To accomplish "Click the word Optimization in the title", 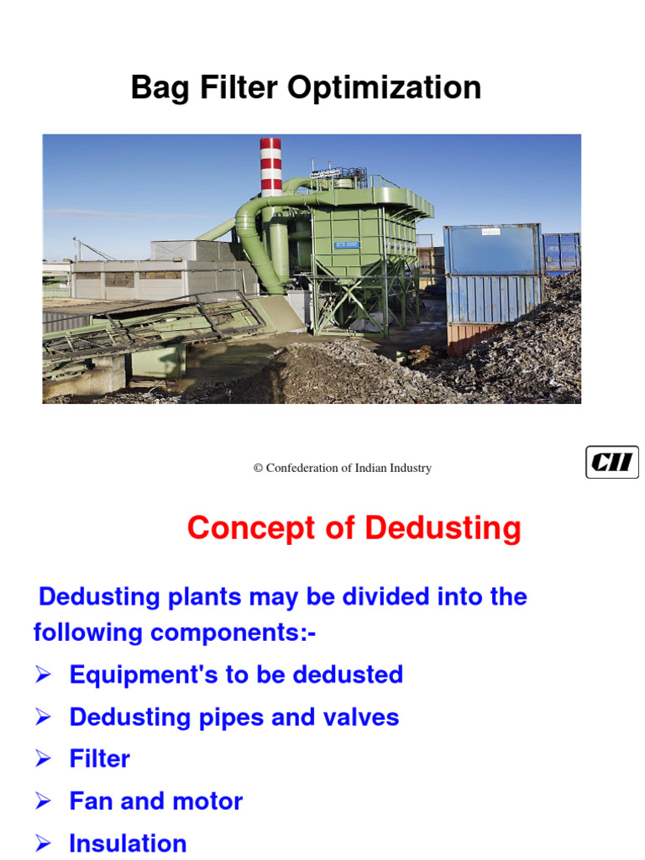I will (398, 88).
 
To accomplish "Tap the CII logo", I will (611, 463).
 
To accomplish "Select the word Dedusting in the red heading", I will (443, 528).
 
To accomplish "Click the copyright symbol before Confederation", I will (259, 469).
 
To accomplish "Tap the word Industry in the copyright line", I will (411, 469).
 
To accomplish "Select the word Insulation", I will (128, 843).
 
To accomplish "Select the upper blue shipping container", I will (492, 249).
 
